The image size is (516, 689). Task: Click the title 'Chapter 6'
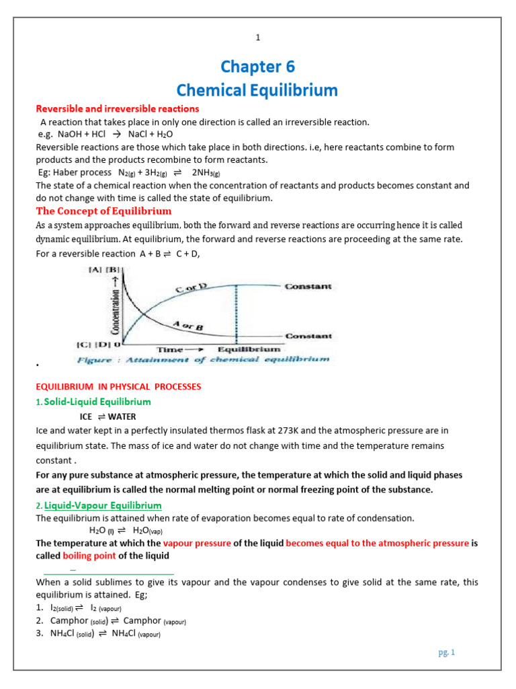(257, 67)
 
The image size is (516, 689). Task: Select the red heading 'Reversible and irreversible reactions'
(118, 109)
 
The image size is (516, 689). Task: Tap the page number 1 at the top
(257, 38)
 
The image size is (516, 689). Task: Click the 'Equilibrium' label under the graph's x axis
(249, 350)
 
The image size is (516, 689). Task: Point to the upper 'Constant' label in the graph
(308, 287)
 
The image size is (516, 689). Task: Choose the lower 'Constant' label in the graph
(308, 336)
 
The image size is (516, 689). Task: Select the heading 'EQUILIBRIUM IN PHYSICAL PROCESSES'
(118, 387)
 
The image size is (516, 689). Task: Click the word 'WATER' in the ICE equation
(122, 416)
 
